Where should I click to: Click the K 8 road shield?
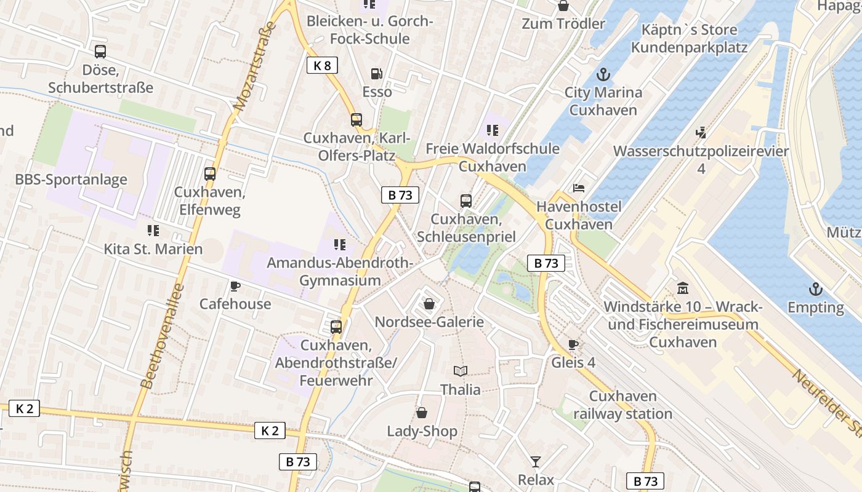tap(322, 65)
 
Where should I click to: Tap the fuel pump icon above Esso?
tap(377, 74)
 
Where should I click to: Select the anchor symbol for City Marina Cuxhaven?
tap(603, 75)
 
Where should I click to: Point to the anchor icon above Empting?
tap(816, 289)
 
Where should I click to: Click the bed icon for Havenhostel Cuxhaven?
tap(578, 188)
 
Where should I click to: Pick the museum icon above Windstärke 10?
tap(682, 288)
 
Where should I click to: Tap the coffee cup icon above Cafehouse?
tap(235, 286)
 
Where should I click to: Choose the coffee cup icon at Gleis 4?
tap(573, 344)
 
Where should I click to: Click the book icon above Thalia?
tap(460, 371)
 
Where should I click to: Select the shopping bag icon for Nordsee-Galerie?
tap(429, 304)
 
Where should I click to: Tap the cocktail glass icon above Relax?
tap(536, 461)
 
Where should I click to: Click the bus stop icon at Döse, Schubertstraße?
tap(100, 52)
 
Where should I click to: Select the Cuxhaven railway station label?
tap(622, 405)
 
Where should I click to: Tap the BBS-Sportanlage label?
tap(71, 180)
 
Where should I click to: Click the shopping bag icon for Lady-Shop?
tap(422, 413)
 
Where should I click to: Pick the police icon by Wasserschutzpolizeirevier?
tap(701, 132)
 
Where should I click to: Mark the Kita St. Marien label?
tap(153, 249)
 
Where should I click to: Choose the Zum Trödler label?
tap(563, 24)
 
